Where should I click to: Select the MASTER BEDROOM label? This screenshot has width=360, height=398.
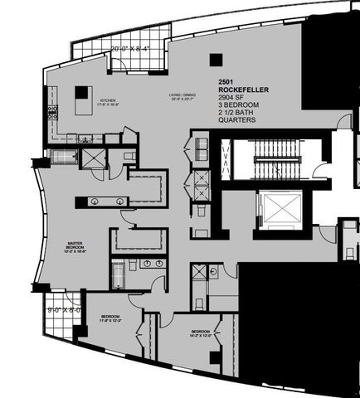[x=80, y=246]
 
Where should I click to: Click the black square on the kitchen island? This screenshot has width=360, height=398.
[x=82, y=92]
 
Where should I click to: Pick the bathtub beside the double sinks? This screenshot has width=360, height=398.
[x=119, y=274]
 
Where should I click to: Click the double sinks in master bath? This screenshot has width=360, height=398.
[x=151, y=265]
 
